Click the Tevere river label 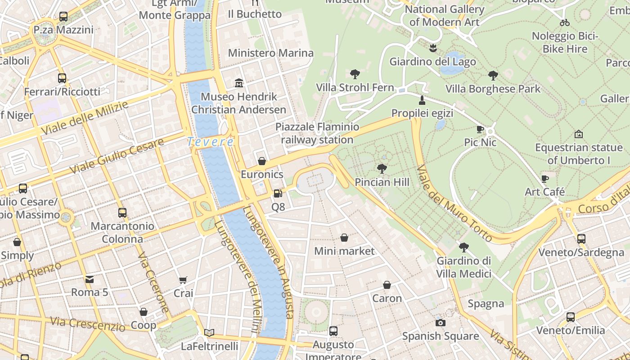210,142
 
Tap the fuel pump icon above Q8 278,193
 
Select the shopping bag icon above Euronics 262,161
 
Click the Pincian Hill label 382,182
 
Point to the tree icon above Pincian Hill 382,169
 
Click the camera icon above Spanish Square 441,323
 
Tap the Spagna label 486,304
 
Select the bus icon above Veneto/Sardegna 581,239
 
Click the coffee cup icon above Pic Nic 480,130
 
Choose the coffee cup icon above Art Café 545,179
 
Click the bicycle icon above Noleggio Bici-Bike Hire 565,22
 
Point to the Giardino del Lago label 432,61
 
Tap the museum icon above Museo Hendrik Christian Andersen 239,83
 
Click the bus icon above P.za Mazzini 63,17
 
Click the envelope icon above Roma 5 90,279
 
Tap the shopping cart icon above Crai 183,280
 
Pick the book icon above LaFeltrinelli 209,333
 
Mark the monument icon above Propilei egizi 422,99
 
